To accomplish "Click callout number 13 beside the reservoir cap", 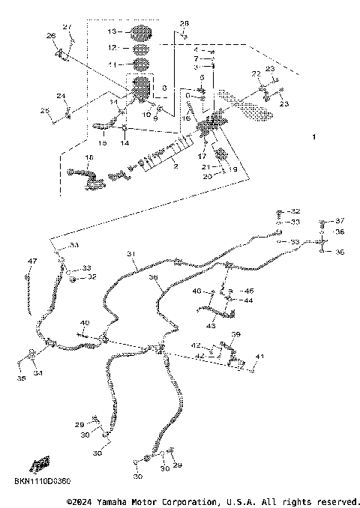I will (112, 32).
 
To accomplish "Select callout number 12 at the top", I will (112, 48).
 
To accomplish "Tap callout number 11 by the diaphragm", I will (112, 65).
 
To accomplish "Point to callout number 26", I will (51, 35).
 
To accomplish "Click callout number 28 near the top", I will (185, 24).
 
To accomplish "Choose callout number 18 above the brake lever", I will (88, 157).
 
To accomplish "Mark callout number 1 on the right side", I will (314, 137).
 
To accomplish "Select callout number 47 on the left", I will (31, 261).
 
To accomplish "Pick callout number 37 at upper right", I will (339, 220).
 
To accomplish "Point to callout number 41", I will (259, 355).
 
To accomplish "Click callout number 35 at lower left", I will (21, 379).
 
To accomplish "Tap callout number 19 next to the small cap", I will (232, 170).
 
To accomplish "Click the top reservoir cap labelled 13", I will (140, 33).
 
